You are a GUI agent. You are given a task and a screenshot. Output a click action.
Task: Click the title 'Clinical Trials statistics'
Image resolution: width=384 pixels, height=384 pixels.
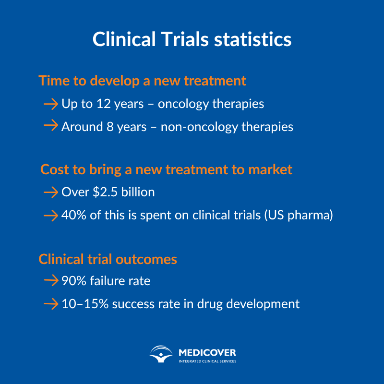click(x=192, y=39)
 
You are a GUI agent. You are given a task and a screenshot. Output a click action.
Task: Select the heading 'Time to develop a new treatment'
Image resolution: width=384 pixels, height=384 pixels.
click(x=142, y=81)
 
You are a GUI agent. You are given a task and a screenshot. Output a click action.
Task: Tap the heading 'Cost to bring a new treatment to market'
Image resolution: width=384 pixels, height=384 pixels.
click(x=166, y=169)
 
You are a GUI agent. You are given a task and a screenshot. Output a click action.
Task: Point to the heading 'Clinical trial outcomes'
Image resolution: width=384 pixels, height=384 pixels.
click(x=108, y=259)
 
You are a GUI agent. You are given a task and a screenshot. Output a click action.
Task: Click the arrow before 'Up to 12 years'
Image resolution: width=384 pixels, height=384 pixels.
click(x=50, y=104)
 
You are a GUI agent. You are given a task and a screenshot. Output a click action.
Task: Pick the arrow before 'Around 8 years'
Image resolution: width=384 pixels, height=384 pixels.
click(x=50, y=127)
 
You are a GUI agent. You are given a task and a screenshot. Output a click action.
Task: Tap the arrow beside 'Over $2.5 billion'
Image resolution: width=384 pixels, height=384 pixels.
click(x=50, y=192)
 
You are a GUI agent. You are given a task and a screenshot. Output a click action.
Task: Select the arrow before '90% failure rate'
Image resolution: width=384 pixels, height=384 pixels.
click(x=50, y=280)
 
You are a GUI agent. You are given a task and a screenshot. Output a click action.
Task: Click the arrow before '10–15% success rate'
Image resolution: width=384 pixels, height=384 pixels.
click(x=50, y=303)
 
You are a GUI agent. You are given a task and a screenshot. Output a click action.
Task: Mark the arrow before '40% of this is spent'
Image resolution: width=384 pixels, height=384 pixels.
click(x=50, y=216)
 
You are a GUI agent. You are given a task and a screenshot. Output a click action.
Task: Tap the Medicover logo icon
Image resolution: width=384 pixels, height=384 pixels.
click(x=161, y=355)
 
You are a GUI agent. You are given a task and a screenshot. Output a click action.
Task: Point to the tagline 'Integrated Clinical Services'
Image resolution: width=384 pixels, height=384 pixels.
click(x=207, y=361)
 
